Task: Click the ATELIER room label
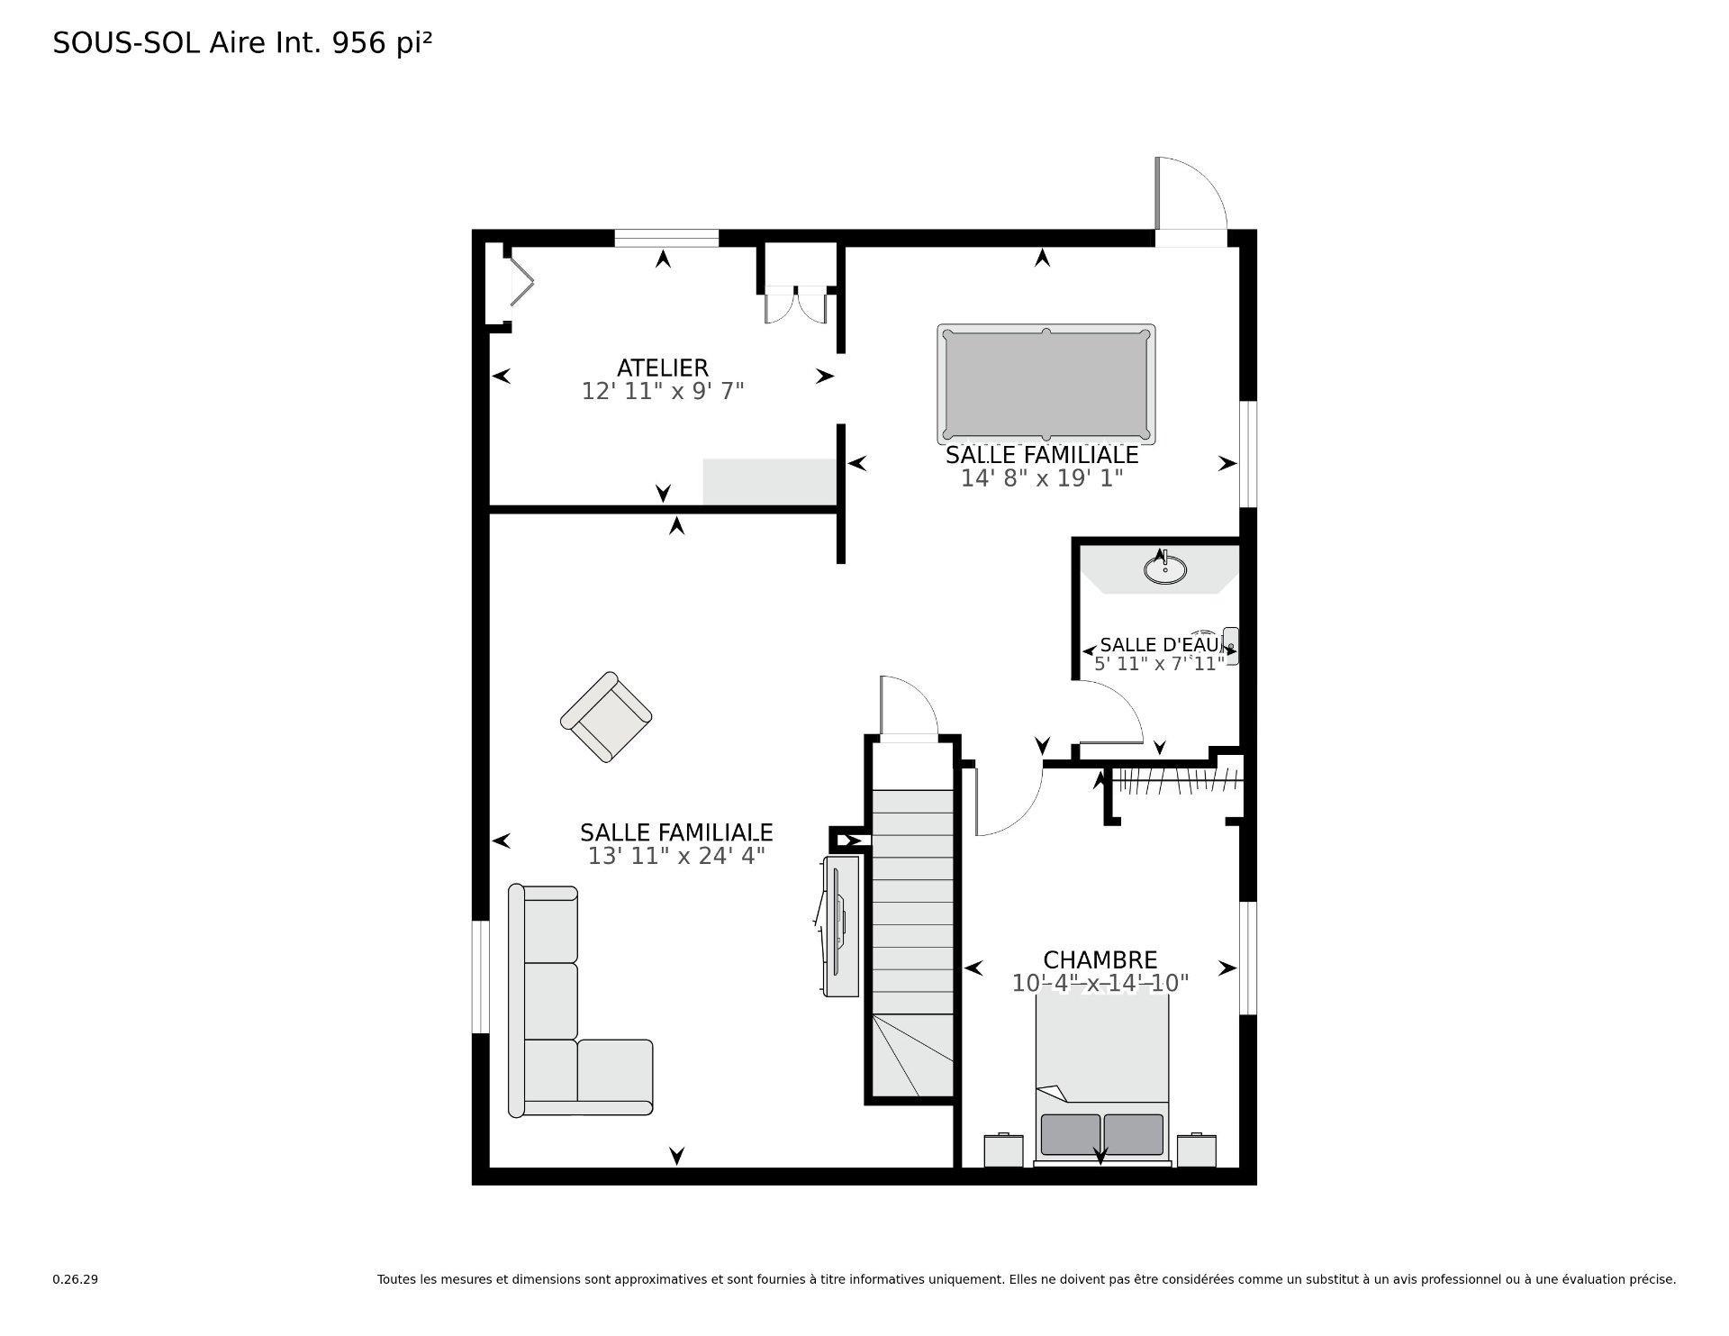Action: click(x=662, y=368)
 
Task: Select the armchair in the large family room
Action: click(x=606, y=717)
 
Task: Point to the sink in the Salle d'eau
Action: click(x=1164, y=569)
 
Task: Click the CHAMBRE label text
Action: click(x=1100, y=959)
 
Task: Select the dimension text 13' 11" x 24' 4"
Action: click(x=676, y=856)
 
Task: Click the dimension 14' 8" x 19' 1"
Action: click(x=1042, y=478)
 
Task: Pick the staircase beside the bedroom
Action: click(x=912, y=937)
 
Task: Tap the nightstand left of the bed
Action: click(x=1003, y=1150)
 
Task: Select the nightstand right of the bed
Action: click(x=1197, y=1150)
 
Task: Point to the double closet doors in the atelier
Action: click(x=795, y=304)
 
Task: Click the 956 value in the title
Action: click(x=360, y=43)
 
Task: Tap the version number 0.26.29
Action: click(x=75, y=1279)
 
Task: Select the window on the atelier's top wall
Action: click(x=666, y=238)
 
